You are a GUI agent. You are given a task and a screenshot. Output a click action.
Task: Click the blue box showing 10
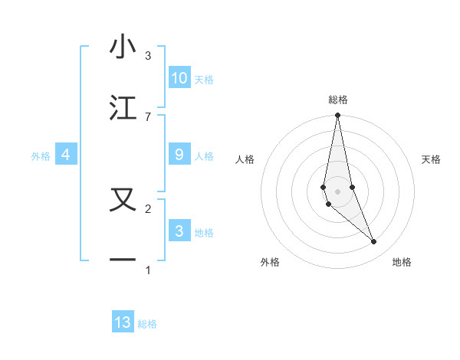(179, 77)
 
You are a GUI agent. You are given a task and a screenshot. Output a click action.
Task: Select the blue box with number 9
(179, 155)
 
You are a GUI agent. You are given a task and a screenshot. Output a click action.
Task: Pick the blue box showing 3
(179, 231)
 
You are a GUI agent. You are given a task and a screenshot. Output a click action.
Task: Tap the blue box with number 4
(66, 155)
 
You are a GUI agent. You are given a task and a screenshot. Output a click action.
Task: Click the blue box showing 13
(123, 322)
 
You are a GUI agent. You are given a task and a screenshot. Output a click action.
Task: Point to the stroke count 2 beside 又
(148, 208)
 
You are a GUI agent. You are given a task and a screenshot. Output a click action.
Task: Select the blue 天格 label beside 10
(204, 79)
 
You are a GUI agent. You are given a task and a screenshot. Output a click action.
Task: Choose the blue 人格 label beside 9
(204, 156)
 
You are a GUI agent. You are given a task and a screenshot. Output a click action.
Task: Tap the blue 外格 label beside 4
(41, 156)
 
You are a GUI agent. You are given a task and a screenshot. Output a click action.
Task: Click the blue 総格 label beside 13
(147, 324)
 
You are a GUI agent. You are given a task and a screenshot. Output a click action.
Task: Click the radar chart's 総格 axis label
(338, 100)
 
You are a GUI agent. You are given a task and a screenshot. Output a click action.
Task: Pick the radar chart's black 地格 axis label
(402, 262)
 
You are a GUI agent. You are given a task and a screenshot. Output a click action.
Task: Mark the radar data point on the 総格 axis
(337, 116)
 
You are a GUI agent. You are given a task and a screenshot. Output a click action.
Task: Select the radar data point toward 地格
(374, 242)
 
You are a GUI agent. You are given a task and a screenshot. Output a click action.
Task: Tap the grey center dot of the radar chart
(337, 191)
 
